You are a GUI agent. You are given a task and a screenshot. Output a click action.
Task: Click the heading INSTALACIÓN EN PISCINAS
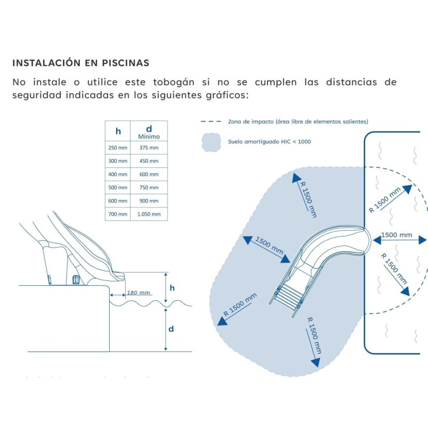[x=81, y=63]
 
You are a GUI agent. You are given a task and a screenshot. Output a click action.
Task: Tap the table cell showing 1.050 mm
[x=149, y=214]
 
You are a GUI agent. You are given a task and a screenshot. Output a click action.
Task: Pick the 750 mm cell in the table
[x=149, y=188]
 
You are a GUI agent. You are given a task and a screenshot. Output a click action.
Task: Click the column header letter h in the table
[x=118, y=131]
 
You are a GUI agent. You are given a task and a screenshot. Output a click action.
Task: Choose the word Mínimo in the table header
[x=149, y=136]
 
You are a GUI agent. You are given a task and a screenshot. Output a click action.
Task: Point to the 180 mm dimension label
[x=138, y=293]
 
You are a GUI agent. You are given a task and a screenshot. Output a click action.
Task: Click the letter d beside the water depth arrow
[x=171, y=329]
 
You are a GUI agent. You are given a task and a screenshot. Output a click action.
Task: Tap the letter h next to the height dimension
[x=171, y=287]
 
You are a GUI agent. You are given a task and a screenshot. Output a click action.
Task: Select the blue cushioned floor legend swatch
[x=212, y=142]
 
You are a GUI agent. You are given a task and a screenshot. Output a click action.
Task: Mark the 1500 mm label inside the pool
[x=396, y=235]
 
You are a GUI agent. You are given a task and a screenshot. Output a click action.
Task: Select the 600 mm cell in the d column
[x=149, y=174]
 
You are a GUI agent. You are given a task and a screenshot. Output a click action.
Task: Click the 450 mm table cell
[x=149, y=161]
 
